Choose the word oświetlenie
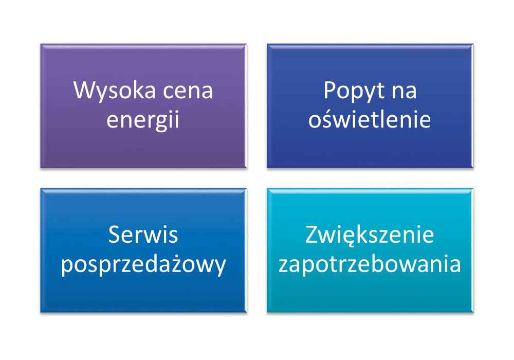370,119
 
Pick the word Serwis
143,235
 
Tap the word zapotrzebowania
370,264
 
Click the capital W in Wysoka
84,90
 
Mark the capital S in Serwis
114,235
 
